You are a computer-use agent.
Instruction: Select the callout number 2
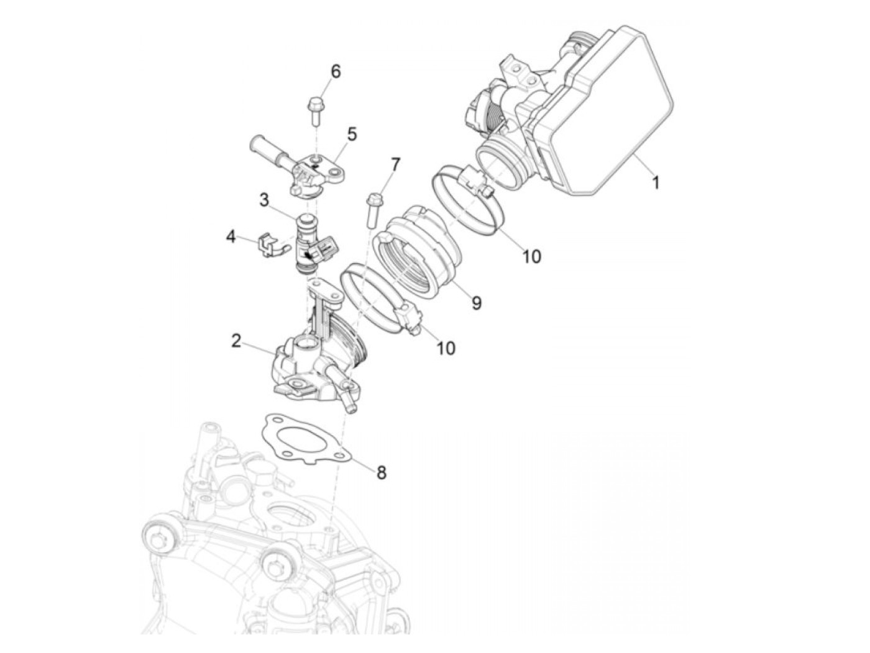pos(236,341)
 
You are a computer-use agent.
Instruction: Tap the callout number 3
pos(264,200)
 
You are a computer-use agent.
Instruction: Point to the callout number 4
pos(231,237)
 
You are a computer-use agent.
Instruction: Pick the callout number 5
pos(352,133)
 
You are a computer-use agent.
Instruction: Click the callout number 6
pos(336,71)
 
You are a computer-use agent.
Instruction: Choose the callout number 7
pos(395,164)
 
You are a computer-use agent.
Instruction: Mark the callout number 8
pos(381,472)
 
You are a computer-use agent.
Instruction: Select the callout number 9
pos(476,303)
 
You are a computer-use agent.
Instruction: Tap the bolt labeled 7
pos(375,209)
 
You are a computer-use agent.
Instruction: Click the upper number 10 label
pos(531,256)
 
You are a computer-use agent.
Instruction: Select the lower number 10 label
pos(446,348)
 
